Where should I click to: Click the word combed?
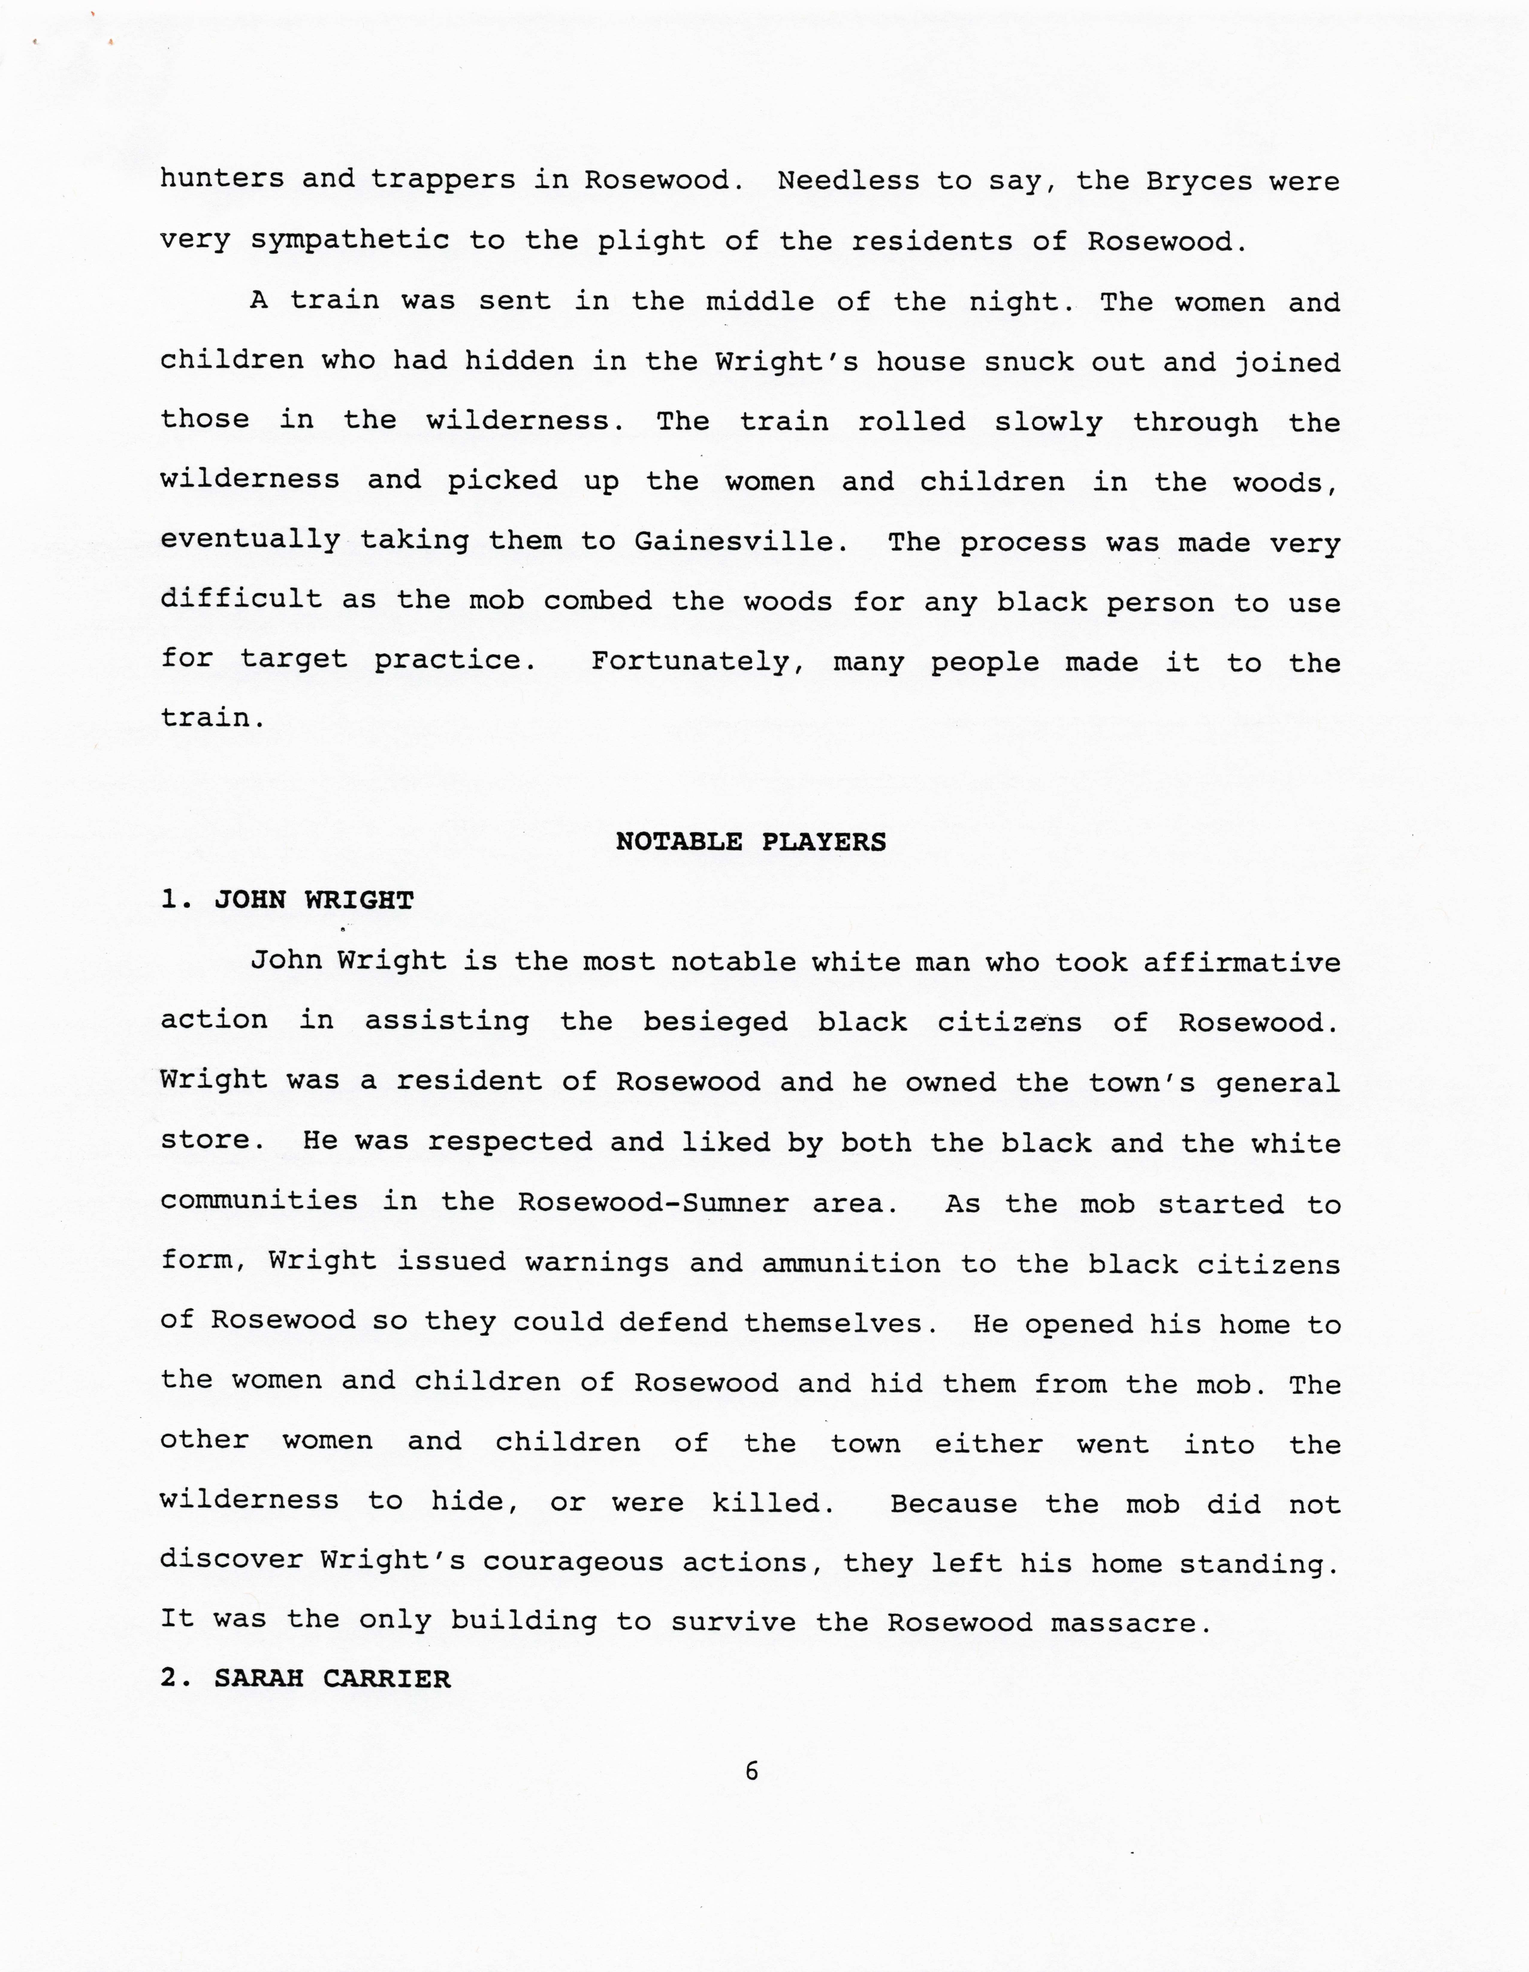coord(597,602)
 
